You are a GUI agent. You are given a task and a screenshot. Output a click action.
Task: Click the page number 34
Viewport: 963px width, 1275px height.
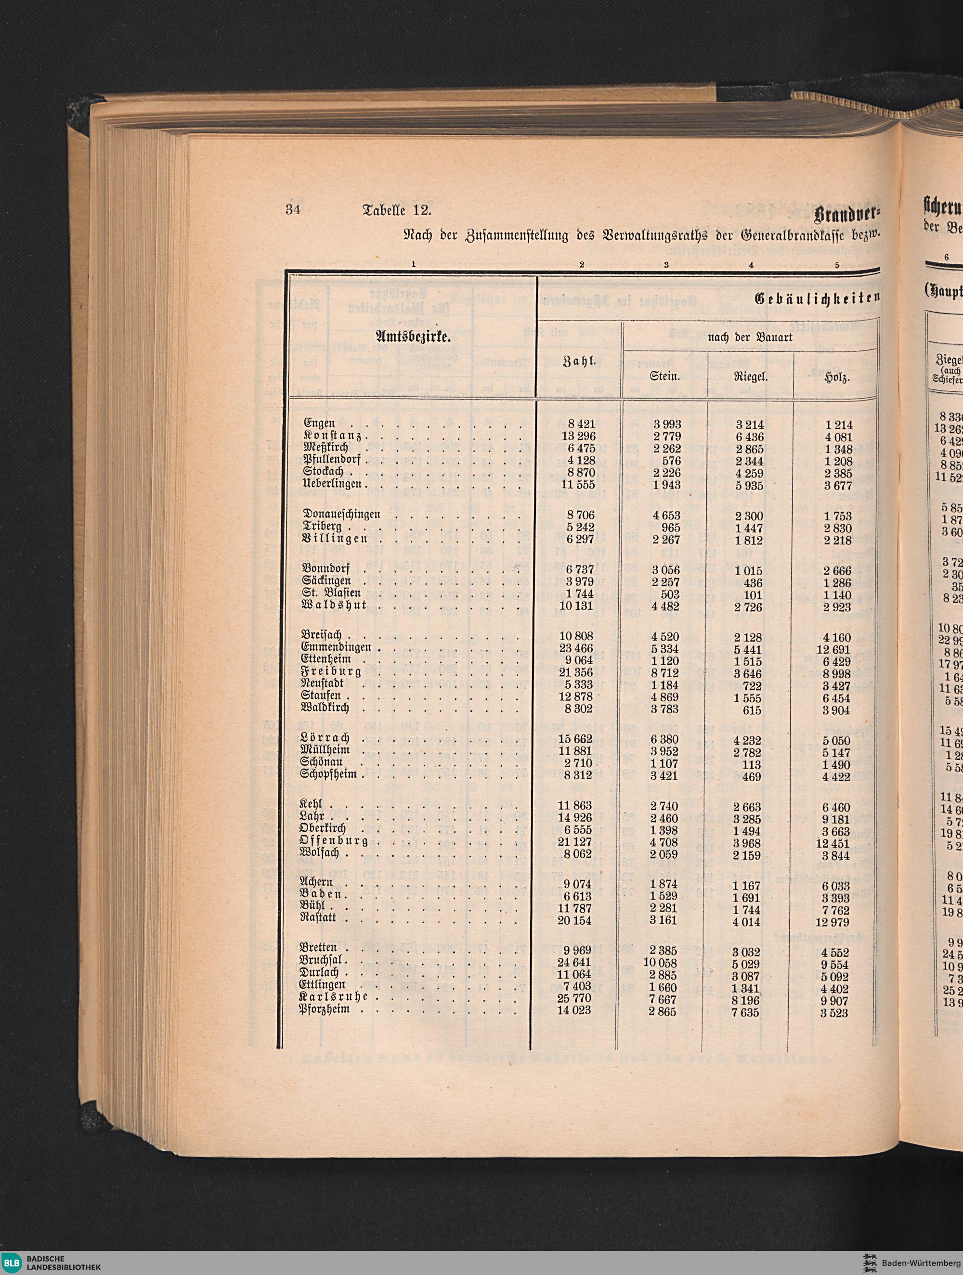coord(294,210)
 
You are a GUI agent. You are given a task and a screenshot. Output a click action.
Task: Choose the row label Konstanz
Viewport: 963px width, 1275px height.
coord(333,437)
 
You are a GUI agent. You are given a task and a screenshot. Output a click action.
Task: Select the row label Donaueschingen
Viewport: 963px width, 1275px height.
coord(341,514)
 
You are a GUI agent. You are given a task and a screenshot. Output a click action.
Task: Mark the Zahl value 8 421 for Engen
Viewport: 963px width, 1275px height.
coord(581,424)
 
